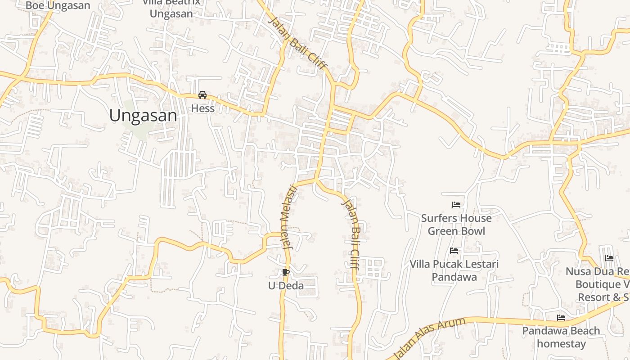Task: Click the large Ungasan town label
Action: click(143, 116)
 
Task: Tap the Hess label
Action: click(202, 108)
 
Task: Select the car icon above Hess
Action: click(202, 95)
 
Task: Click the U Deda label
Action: click(286, 286)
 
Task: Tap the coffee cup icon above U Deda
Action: click(285, 272)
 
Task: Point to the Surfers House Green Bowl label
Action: click(456, 225)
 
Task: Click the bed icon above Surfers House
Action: click(456, 205)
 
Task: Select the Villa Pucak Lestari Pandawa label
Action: click(454, 270)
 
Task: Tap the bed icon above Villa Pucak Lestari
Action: click(454, 251)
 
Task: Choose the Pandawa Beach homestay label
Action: click(561, 337)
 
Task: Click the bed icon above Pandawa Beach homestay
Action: click(561, 318)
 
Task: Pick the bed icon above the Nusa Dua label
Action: click(609, 258)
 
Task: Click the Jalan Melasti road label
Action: click(290, 217)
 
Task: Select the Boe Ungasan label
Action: click(58, 5)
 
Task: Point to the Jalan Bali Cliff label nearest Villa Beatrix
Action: click(297, 43)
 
